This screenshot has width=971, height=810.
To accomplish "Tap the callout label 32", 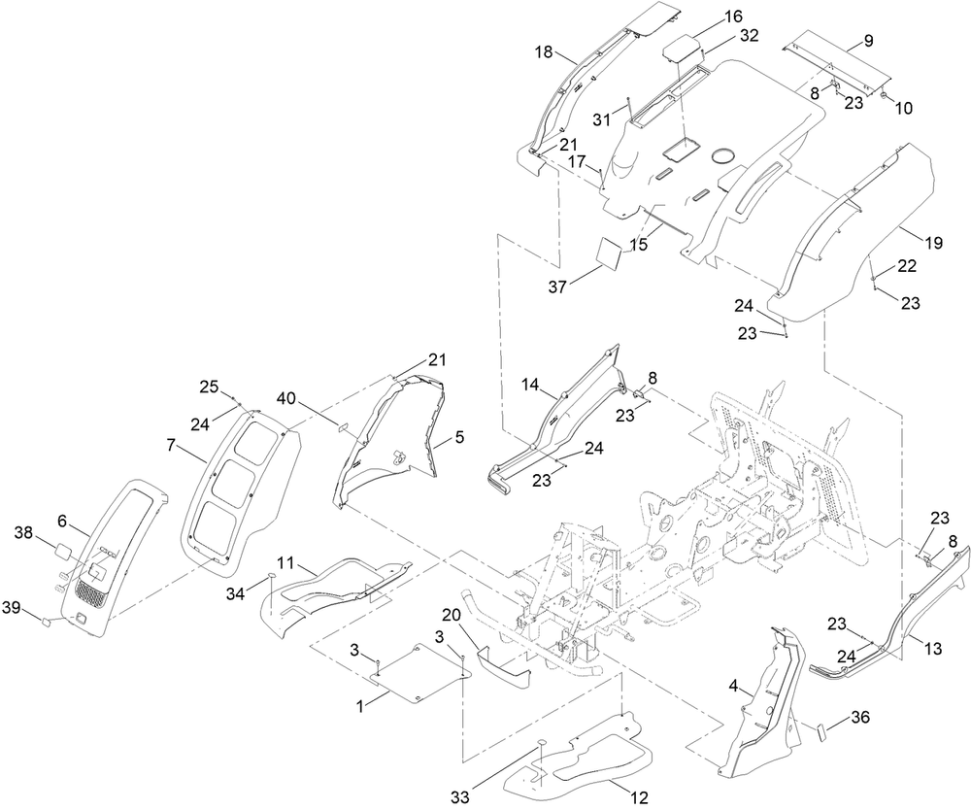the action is coord(749,36).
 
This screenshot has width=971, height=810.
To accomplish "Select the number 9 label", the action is coord(869,41).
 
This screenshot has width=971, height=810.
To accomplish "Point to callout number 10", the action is coord(903,109).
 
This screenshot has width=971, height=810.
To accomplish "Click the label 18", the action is coord(544,52).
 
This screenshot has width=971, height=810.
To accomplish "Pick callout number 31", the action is coord(602,118).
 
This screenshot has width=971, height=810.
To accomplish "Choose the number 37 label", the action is coord(557,287).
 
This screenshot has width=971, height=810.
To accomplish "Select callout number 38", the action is coord(42,533).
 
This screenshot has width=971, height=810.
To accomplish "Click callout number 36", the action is coord(859,717).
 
